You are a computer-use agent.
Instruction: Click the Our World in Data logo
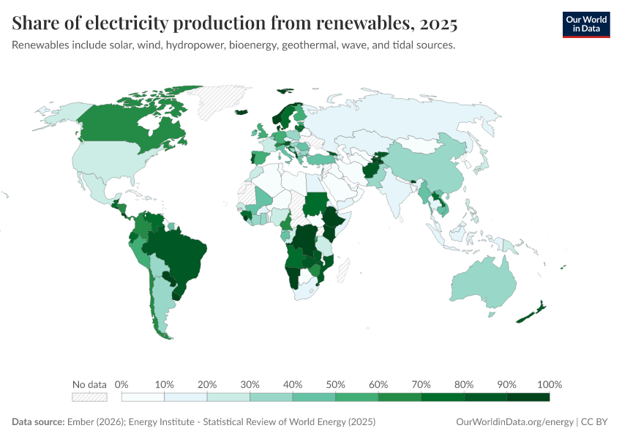(585, 24)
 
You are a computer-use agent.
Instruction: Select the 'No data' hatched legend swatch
(89, 397)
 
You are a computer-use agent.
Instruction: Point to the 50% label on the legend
(335, 384)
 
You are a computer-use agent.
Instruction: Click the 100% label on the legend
(549, 384)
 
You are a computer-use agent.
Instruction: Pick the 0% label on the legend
(121, 384)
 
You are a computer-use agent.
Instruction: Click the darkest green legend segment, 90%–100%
(528, 397)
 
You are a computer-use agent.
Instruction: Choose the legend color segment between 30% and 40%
(271, 397)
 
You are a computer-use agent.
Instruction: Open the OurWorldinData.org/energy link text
(514, 422)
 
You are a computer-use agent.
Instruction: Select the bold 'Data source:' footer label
(38, 422)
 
